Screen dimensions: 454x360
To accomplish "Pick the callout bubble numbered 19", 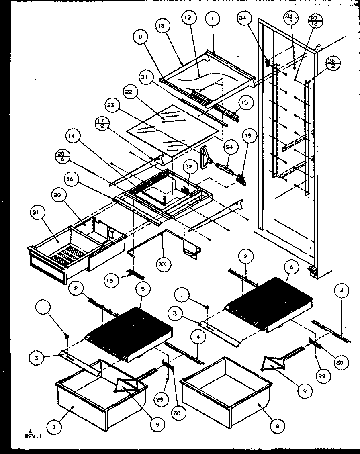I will pyautogui.click(x=249, y=136).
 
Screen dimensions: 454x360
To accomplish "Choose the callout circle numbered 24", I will pyautogui.click(x=228, y=147).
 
